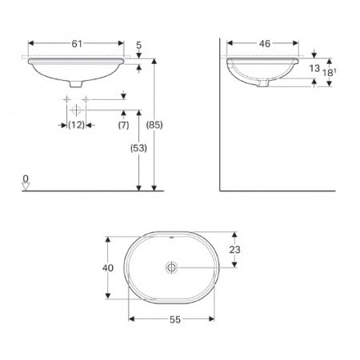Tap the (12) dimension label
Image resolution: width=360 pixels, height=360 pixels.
(76, 125)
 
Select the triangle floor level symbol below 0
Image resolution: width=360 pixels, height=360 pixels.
(26, 186)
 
